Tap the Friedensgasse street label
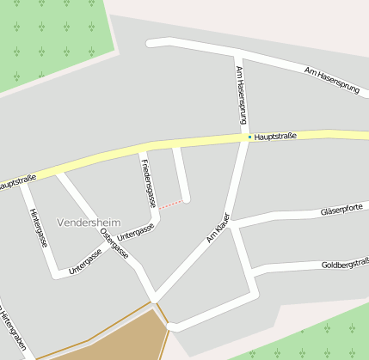coord(148,183)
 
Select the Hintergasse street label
coord(39,228)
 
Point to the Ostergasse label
coord(114,243)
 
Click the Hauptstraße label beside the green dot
coord(276,137)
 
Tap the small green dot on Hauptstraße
coord(249,137)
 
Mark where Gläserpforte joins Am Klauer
coord(232,224)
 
